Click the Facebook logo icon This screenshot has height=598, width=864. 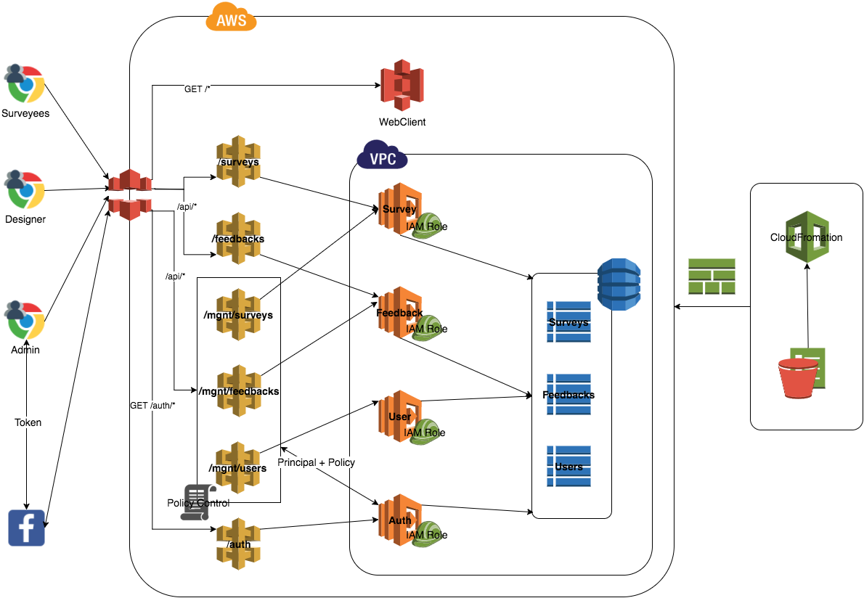26,528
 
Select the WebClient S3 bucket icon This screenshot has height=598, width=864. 402,86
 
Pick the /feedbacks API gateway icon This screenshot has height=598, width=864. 239,238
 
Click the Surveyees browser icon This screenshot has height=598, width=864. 25,83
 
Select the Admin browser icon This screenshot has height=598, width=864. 25,320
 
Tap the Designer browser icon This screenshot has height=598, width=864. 25,190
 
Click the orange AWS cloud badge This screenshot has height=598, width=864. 232,18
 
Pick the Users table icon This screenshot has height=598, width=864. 568,466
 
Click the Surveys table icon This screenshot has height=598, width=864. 568,321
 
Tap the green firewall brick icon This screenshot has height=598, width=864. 712,277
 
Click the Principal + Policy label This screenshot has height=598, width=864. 316,462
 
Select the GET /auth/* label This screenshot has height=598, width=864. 152,405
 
